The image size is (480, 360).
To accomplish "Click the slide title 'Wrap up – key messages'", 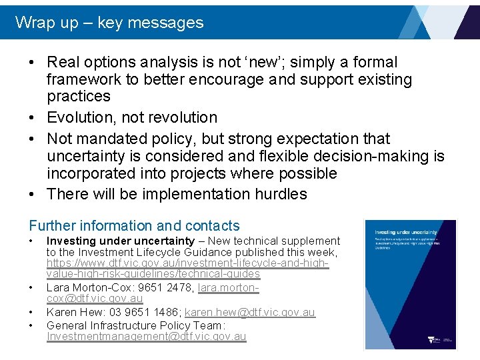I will tap(109, 23).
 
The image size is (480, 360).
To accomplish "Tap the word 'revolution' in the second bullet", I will tap(182, 117).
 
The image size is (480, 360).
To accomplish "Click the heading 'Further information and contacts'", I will tap(134, 226).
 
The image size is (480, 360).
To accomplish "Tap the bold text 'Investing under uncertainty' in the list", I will tap(120, 241).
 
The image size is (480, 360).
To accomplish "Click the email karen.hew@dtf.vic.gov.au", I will tap(249, 313).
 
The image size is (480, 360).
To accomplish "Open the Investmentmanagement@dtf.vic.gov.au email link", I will tap(146, 337).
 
